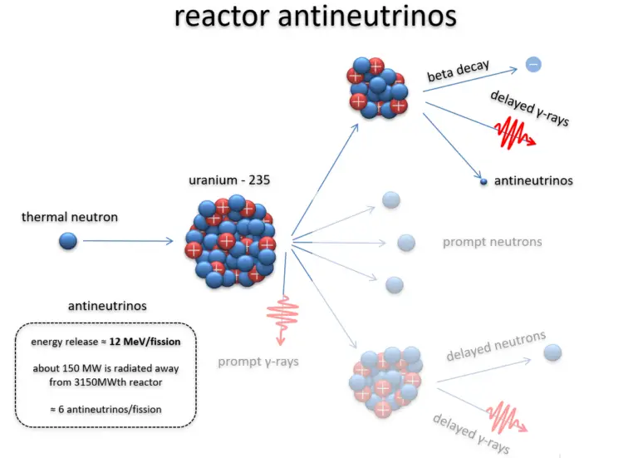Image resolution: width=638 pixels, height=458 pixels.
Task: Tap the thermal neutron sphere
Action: [x=68, y=241]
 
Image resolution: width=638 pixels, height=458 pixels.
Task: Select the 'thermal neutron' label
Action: [x=70, y=217]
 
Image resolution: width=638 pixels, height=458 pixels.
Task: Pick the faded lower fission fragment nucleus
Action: [x=382, y=381]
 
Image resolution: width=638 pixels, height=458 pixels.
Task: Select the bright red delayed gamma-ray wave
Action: [x=514, y=131]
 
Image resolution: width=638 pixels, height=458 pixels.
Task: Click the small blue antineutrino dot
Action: [x=483, y=180]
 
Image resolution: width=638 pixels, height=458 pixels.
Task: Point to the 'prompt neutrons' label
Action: [x=492, y=242]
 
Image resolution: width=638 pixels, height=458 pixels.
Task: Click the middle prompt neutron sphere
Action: [x=405, y=243]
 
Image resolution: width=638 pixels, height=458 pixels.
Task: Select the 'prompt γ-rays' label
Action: [x=258, y=362]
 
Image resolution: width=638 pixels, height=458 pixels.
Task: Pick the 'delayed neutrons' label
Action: [x=496, y=346]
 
